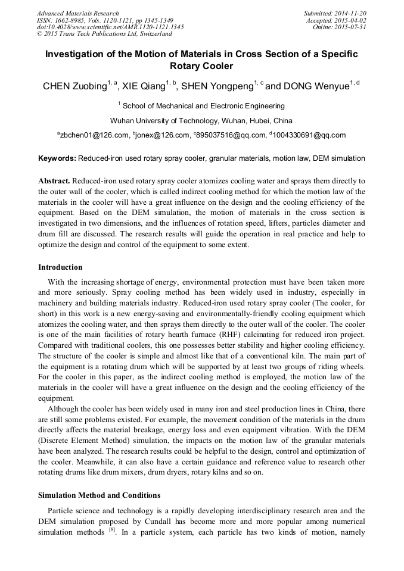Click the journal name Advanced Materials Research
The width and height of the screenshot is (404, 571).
[77, 13]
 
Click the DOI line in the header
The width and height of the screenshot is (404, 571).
[110, 27]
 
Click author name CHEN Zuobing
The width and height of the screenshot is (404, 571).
[74, 86]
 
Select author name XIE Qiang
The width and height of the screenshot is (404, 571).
[144, 86]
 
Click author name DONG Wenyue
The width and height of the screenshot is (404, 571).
[315, 86]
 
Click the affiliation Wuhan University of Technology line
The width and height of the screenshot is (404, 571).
[201, 120]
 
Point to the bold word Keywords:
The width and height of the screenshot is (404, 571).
[57, 159]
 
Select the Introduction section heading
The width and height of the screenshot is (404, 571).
[60, 267]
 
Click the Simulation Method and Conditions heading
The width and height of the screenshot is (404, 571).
[99, 495]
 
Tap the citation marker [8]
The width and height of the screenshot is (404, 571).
[104, 531]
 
